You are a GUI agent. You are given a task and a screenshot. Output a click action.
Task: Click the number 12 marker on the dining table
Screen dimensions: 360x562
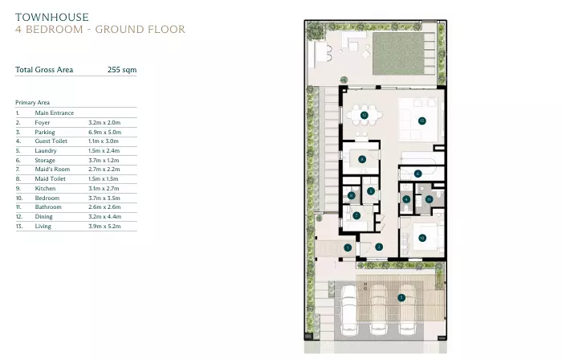[364, 116]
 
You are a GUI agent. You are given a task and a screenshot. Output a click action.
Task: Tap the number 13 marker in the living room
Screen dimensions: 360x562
[421, 121]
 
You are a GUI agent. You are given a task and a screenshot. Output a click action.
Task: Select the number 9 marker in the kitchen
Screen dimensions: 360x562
[363, 159]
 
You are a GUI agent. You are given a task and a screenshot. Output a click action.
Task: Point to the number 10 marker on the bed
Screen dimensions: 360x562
[421, 237]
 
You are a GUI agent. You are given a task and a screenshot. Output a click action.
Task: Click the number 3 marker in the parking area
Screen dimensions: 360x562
[401, 297]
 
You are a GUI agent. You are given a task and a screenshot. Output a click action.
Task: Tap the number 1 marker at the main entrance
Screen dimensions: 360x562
[347, 247]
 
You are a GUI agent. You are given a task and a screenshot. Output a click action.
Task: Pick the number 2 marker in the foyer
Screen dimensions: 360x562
[379, 247]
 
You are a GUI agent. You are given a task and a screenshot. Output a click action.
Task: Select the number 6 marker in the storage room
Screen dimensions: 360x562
[417, 173]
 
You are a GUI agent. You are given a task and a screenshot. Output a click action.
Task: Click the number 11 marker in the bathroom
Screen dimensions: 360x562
[430, 198]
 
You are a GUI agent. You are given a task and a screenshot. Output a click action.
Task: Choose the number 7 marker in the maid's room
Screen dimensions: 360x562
[357, 215]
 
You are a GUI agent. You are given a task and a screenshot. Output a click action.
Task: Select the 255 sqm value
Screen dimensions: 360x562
[122, 70]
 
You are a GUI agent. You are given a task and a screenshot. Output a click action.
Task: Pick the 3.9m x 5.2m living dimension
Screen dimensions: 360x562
[104, 227]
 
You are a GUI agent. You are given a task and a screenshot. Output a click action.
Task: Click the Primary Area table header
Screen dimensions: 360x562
[33, 103]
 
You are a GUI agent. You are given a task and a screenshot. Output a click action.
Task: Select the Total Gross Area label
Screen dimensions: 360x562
[44, 70]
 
